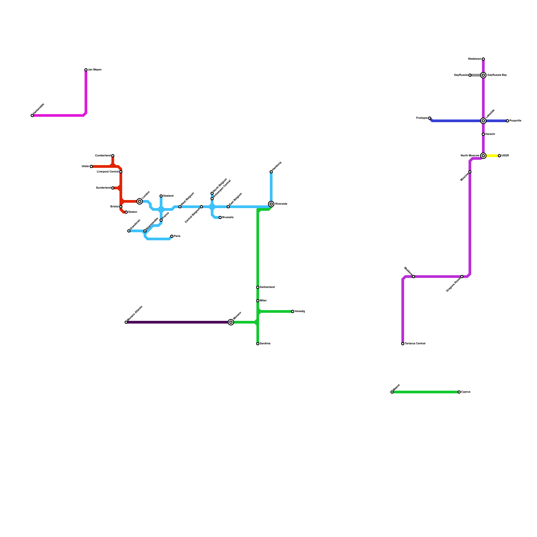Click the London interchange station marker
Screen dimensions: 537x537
(x=140, y=201)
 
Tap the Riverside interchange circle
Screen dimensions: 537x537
(x=271, y=204)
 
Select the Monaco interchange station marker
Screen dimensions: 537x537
(x=231, y=322)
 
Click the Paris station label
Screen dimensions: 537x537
(x=177, y=236)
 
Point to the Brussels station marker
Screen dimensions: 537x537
(x=220, y=217)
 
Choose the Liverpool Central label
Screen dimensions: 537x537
(x=107, y=172)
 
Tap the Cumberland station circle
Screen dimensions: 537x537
(x=113, y=156)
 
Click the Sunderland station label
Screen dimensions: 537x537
(x=103, y=188)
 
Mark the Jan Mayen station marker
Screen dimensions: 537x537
(x=86, y=70)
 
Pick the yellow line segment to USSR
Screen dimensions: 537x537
(x=492, y=156)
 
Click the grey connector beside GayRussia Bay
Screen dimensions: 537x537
(x=476, y=75)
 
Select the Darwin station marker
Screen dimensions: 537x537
(x=483, y=134)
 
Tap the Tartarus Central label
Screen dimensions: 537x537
(x=415, y=344)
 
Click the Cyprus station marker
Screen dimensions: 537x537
(x=459, y=392)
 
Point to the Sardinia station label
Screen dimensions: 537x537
(x=265, y=344)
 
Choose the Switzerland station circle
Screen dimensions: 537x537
(x=258, y=287)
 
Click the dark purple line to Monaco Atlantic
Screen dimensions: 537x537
(x=178, y=322)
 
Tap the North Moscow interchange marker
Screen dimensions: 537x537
(x=483, y=156)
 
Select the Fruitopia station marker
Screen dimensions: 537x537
(x=430, y=118)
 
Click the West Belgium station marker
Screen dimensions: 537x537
(x=180, y=207)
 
